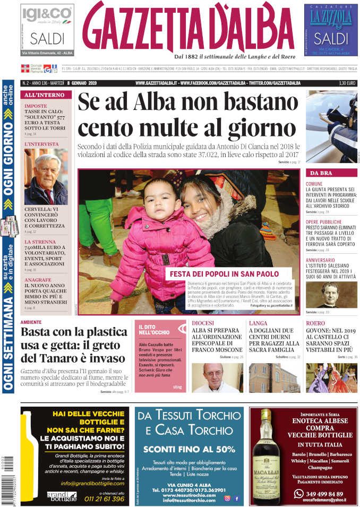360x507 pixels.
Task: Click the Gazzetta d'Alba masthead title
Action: tap(189, 28)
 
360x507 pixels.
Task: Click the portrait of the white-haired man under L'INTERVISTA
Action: tap(46, 177)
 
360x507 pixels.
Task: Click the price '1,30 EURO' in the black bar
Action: tap(347, 83)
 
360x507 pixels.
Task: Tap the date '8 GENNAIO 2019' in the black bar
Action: tap(86, 83)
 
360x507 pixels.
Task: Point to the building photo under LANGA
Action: tap(274, 377)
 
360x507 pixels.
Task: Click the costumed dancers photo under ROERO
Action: tap(331, 377)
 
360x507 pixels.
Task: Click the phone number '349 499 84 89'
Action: tap(325, 494)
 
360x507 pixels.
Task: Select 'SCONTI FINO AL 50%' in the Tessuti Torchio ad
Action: tap(189, 449)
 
